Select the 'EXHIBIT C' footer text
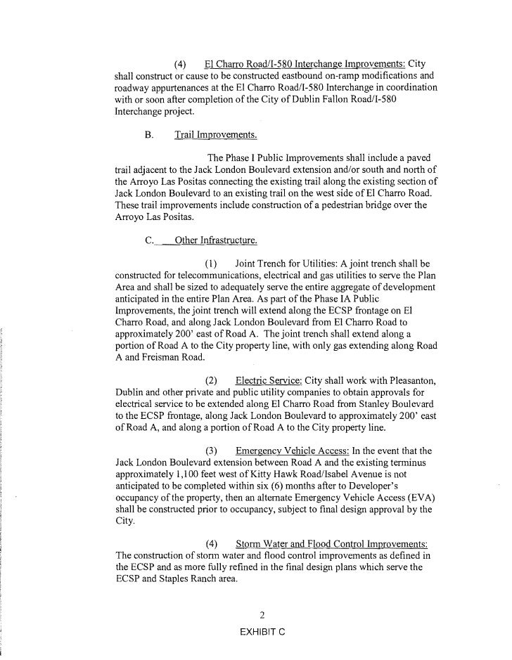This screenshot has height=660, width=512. [262, 633]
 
